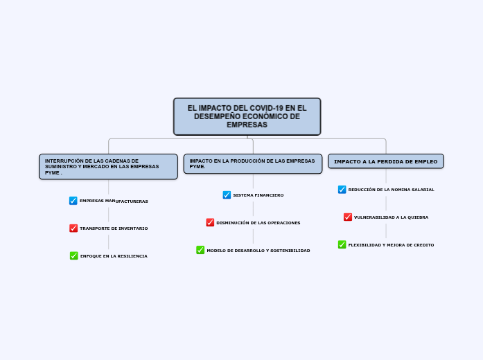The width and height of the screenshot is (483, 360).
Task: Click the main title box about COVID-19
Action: [247, 116]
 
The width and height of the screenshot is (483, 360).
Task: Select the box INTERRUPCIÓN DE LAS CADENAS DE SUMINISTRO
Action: [108, 167]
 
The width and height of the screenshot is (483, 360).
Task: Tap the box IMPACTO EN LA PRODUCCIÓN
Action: [252, 163]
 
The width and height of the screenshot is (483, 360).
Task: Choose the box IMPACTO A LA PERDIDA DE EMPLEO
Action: [385, 161]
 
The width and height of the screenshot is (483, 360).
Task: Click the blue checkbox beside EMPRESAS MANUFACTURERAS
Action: [73, 201]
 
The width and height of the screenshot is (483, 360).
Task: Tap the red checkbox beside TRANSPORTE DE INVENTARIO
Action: [73, 228]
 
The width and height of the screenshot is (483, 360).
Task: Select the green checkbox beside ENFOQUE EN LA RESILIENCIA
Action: [74, 255]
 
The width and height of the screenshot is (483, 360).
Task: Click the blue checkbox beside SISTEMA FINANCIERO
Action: [227, 195]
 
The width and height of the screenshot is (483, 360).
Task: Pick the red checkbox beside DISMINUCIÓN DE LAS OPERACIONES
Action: [210, 222]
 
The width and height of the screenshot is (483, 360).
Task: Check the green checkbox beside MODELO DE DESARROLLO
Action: [200, 250]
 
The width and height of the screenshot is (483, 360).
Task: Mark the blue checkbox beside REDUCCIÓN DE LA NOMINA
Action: [342, 189]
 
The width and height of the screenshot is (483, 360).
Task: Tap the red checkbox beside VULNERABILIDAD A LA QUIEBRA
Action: [348, 217]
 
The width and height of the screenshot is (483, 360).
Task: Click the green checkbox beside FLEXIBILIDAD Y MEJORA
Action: [342, 244]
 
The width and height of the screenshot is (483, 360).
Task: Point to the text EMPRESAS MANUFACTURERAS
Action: [114, 201]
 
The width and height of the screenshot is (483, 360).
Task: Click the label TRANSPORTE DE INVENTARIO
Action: [114, 228]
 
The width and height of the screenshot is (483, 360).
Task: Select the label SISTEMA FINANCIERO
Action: [258, 195]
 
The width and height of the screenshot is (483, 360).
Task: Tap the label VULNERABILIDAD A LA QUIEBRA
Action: [391, 217]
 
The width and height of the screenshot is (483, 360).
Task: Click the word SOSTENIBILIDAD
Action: [290, 251]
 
